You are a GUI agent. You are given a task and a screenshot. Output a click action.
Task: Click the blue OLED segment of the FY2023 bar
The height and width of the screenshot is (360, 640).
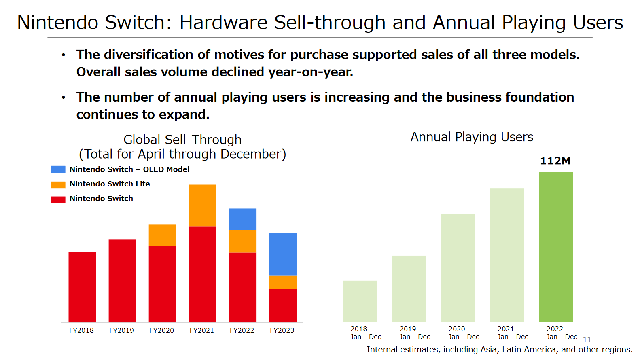pos(282,254)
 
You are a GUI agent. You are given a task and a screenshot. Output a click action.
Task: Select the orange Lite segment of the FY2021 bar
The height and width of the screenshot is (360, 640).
pos(202,205)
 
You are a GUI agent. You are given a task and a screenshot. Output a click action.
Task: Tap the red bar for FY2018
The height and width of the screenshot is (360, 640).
pos(82,287)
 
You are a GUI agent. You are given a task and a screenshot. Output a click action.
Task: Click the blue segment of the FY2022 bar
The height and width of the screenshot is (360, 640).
pos(242,219)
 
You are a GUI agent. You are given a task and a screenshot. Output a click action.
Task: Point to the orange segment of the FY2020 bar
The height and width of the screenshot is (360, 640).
pos(162,235)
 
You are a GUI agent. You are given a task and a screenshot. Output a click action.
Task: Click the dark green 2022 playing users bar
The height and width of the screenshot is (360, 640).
pos(555,246)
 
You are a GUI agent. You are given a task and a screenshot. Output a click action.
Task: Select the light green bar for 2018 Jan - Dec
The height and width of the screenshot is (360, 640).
pos(360,301)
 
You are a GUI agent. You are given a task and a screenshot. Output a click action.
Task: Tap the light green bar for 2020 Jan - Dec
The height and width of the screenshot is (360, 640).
pos(458,268)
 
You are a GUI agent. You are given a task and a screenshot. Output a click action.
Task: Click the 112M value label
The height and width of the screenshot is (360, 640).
pos(555,161)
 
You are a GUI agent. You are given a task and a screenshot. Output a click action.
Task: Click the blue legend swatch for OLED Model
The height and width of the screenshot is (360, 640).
pos(58,169)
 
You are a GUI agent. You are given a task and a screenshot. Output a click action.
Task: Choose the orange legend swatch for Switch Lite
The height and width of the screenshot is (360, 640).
pos(58,184)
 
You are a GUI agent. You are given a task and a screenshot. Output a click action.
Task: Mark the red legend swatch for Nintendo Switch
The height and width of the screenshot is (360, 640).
pos(58,199)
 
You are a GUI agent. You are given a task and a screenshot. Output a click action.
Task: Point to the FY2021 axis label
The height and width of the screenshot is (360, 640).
pos(201,330)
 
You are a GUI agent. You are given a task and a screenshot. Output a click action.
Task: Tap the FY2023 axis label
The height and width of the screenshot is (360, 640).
pos(282,330)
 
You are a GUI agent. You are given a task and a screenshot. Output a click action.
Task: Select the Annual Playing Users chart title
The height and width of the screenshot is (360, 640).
pos(472,137)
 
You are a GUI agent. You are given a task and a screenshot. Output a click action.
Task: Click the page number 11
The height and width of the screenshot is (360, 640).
pos(587,339)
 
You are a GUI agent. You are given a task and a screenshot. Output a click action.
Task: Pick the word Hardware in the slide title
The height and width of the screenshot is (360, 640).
pos(223,22)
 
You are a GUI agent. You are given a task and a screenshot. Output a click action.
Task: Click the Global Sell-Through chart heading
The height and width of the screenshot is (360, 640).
pos(182,140)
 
